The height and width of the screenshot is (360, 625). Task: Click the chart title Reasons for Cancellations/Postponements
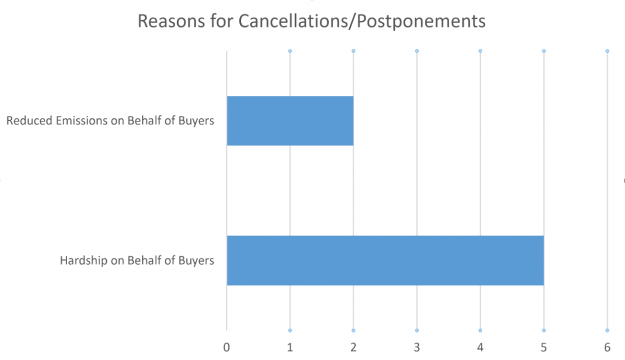click(x=311, y=21)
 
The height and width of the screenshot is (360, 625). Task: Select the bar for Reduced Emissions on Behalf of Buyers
click(x=290, y=121)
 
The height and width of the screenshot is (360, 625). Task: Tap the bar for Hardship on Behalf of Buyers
click(x=385, y=260)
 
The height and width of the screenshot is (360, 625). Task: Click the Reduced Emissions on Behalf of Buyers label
click(x=110, y=121)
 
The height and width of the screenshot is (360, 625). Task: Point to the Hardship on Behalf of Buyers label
click(x=137, y=261)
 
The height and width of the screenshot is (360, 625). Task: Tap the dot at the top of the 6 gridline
click(x=607, y=51)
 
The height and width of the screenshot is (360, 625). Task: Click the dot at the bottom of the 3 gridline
click(x=417, y=330)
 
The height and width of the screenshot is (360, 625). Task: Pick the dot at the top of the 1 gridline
click(x=290, y=51)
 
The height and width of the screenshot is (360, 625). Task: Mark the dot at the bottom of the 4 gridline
click(x=480, y=330)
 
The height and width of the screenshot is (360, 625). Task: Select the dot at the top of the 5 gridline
click(x=544, y=51)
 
